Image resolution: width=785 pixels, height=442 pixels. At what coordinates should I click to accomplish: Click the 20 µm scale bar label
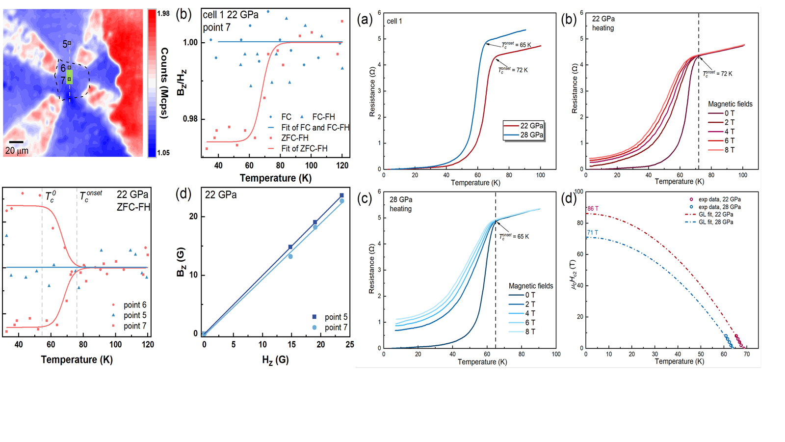[17, 151]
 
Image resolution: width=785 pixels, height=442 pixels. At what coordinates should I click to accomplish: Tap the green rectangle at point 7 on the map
[70, 77]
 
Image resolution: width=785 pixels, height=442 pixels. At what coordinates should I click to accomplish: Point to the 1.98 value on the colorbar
[163, 13]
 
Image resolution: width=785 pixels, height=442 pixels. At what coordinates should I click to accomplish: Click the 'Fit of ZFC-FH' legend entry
[304, 148]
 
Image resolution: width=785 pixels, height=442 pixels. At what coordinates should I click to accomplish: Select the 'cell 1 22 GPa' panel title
[231, 15]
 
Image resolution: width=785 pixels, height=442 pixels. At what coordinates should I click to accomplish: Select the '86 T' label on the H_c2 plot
[593, 209]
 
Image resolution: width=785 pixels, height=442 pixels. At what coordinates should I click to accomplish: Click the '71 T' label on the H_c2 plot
[593, 233]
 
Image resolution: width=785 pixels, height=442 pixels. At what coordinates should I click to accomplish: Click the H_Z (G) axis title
[275, 360]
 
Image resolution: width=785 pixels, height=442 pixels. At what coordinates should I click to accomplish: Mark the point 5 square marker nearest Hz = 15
[290, 247]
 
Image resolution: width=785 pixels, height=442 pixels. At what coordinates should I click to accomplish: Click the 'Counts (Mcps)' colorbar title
[164, 83]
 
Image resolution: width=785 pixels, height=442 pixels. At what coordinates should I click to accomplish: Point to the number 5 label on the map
[65, 44]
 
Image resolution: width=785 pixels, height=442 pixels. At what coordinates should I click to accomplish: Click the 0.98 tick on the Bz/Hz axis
[190, 119]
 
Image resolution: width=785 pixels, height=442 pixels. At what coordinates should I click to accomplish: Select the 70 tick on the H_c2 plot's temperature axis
[747, 354]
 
